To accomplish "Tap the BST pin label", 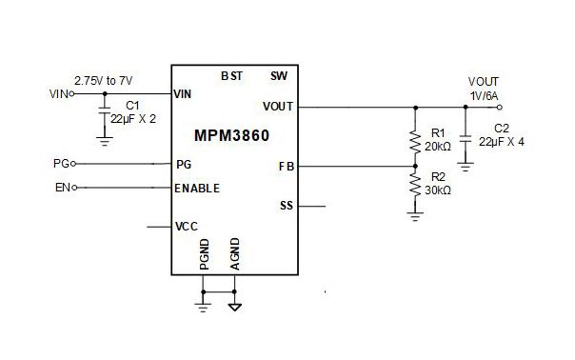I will (x=231, y=75).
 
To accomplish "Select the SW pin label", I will (x=278, y=75).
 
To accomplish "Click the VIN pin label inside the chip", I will (x=184, y=94).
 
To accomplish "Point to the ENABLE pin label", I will (x=197, y=188).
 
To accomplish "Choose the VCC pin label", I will (x=186, y=227).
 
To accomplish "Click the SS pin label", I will (x=287, y=205).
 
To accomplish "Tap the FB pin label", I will (x=287, y=166).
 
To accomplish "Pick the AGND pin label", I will (x=234, y=256).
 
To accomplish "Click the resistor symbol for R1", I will (x=414, y=141).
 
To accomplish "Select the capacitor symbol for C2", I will (x=466, y=140).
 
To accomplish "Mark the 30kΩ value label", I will (x=438, y=190).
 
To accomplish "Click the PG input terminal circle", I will (x=74, y=164).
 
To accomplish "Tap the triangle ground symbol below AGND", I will (x=234, y=308).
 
